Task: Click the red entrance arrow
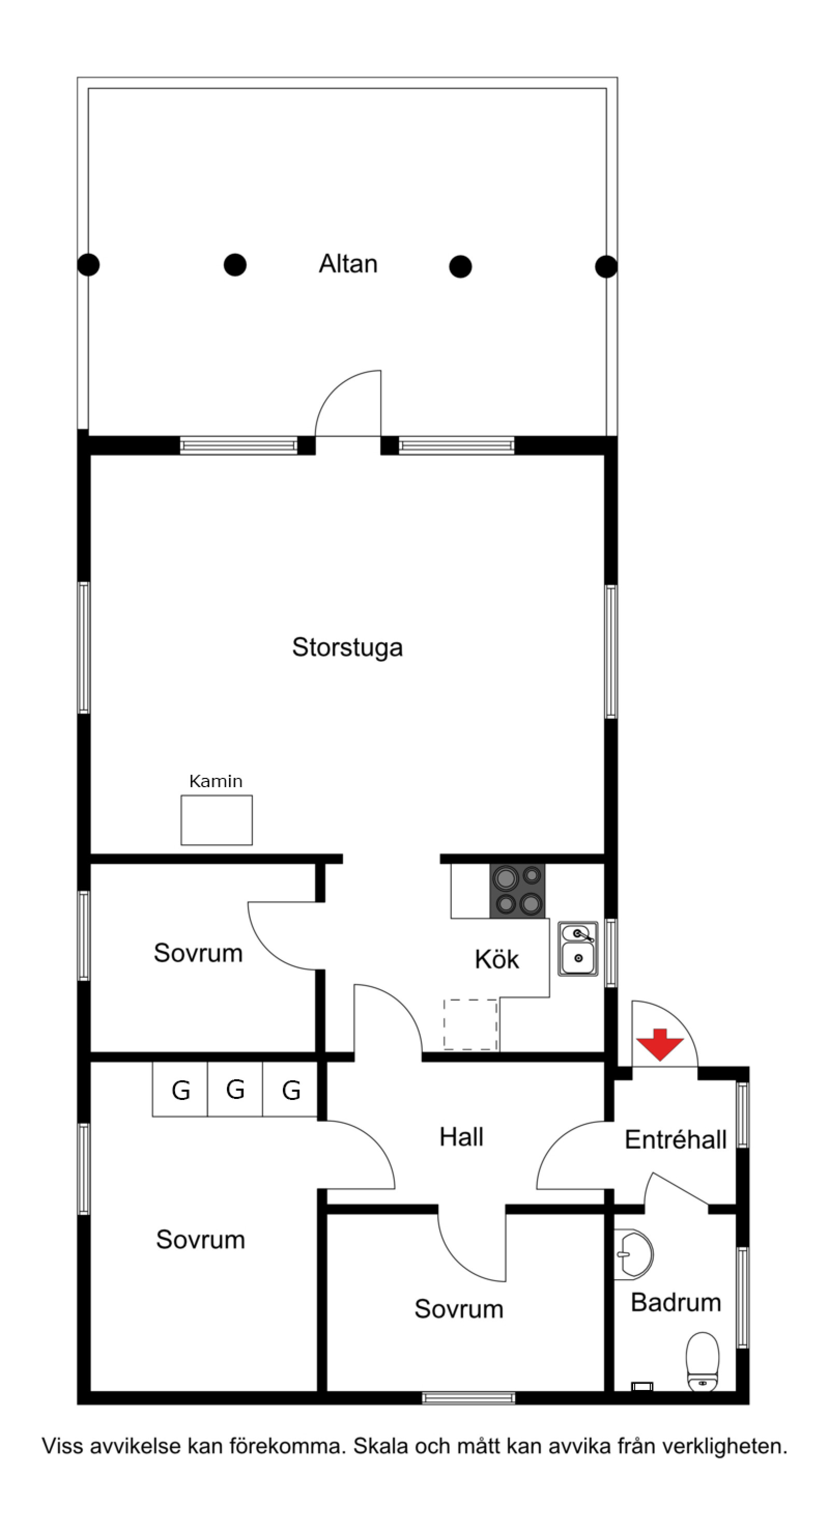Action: click(x=659, y=1044)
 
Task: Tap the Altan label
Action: click(x=348, y=264)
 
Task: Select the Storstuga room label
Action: click(x=348, y=647)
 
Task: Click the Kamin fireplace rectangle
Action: click(x=217, y=820)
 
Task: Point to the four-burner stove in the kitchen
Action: click(x=517, y=891)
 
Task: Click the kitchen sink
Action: click(x=578, y=949)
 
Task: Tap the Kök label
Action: click(x=496, y=959)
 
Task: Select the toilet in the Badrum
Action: click(x=703, y=1361)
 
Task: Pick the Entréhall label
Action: click(x=675, y=1139)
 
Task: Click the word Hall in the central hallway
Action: click(x=461, y=1136)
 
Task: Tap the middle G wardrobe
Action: click(x=235, y=1089)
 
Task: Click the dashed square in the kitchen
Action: click(x=470, y=1024)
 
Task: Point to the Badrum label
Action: click(x=675, y=1302)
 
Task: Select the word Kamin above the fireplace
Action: click(x=216, y=781)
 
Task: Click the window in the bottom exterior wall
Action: click(x=468, y=1397)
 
